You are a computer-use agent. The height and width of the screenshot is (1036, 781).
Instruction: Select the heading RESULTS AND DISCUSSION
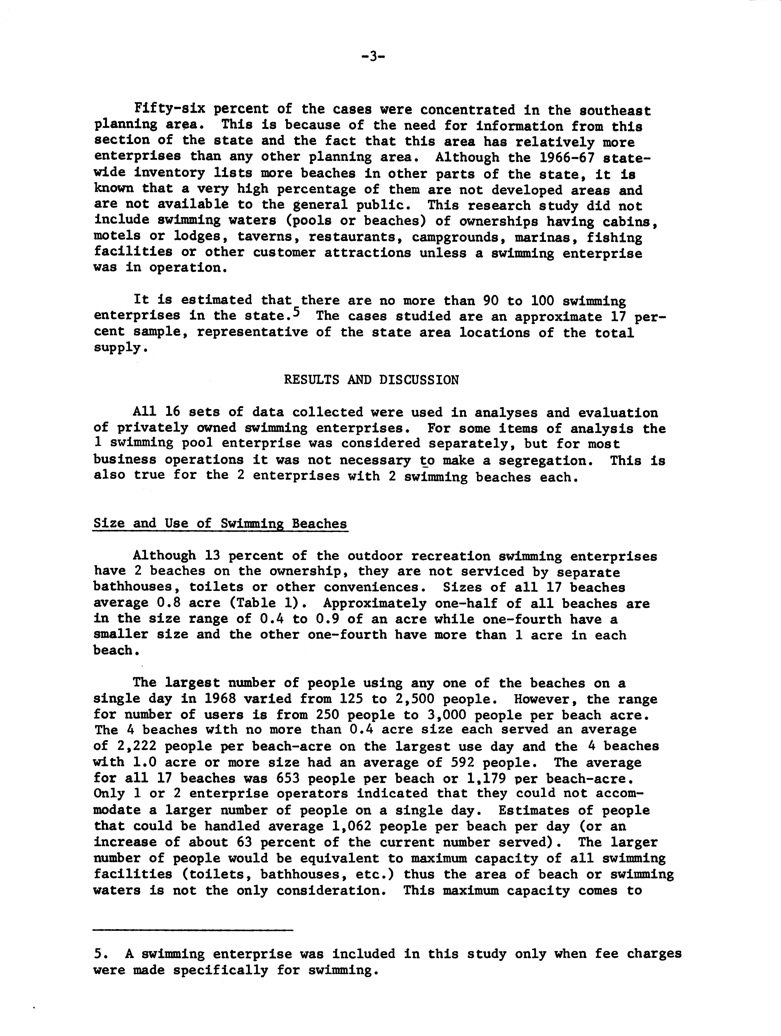pos(371,380)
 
